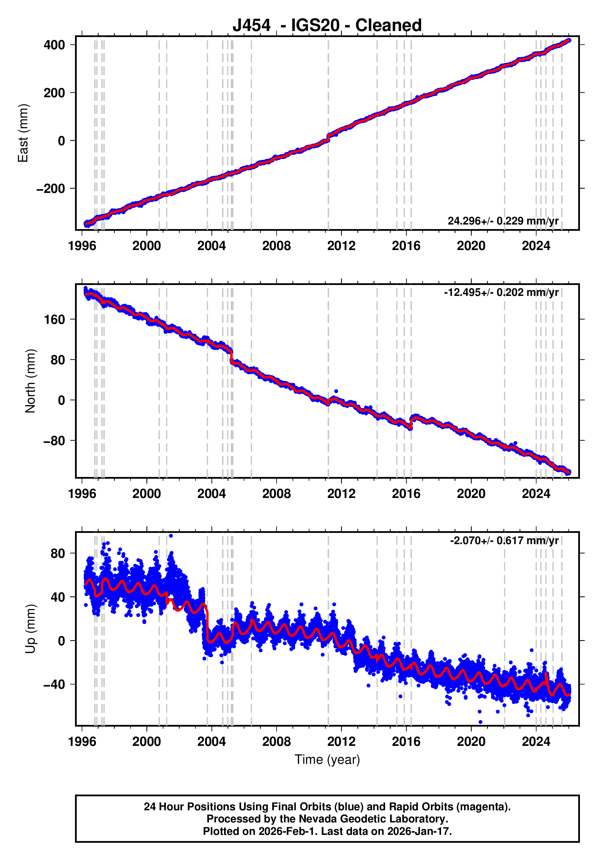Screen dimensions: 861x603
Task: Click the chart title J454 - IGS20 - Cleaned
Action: [327, 26]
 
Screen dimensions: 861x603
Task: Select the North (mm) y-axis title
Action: [30, 381]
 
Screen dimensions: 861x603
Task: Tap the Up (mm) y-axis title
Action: [30, 629]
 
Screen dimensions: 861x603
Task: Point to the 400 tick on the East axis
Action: [54, 45]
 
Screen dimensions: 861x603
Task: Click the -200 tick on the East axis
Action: [51, 189]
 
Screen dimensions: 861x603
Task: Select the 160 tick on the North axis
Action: [54, 320]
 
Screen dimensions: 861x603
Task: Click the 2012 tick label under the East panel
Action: [341, 246]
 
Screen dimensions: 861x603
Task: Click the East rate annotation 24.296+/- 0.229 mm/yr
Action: [503, 221]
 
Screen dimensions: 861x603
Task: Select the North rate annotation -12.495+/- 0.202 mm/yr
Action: [501, 293]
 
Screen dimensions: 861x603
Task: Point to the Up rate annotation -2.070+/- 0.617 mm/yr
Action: [504, 540]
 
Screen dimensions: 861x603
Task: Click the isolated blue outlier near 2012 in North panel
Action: [336, 391]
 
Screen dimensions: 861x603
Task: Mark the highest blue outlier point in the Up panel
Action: [171, 536]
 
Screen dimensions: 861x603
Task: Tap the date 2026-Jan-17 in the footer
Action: [419, 831]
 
